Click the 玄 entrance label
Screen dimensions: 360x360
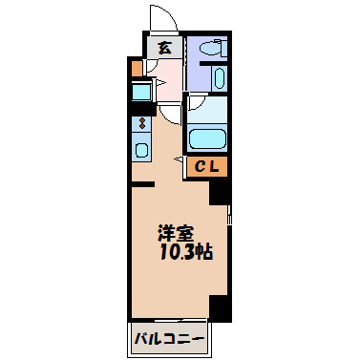coord(163,48)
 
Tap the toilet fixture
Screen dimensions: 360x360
coord(209,47)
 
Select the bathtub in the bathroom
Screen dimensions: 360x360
coord(205,138)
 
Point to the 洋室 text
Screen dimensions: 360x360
coord(177,233)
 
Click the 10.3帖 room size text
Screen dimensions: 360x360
coord(186,252)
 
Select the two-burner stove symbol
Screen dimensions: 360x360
coord(141,123)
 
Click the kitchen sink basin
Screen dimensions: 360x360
coord(141,150)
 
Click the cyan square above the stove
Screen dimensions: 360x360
coord(141,93)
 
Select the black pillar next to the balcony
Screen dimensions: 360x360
coord(220,307)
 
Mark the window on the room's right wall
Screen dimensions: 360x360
coord(230,229)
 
